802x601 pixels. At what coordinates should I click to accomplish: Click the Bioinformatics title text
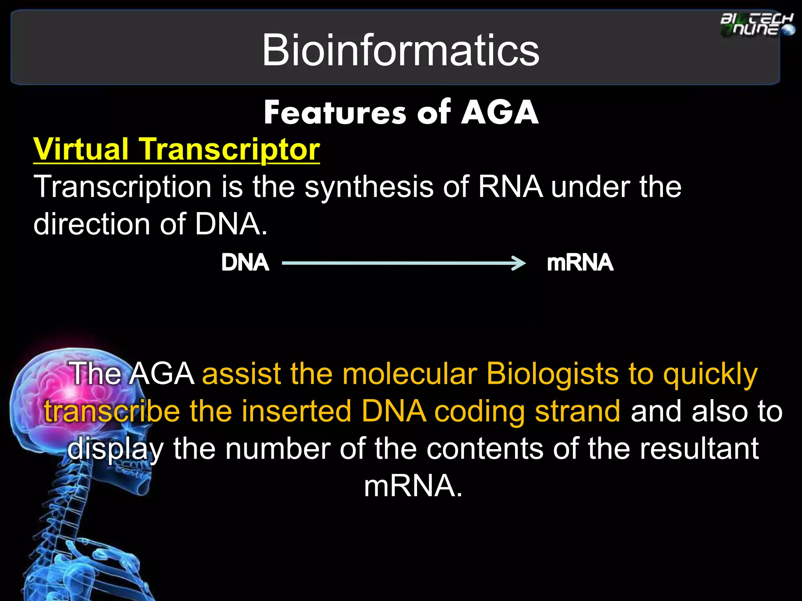[400, 50]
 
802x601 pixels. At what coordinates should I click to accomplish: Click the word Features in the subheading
[335, 113]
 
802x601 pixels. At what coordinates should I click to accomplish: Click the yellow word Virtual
[81, 149]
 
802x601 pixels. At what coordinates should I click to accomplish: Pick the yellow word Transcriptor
[230, 150]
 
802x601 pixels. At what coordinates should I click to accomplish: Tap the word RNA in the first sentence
[510, 187]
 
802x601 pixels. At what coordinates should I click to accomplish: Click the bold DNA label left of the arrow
[245, 263]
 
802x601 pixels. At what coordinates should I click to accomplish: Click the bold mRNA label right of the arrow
[580, 263]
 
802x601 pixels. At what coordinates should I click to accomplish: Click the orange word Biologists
[552, 374]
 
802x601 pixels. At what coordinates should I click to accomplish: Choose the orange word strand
[578, 411]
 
